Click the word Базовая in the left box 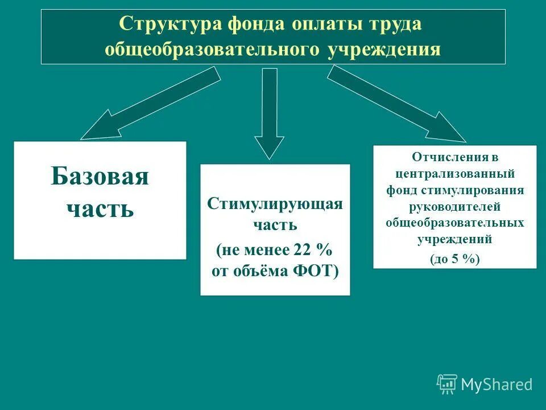tap(100, 177)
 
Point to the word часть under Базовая tap(100, 208)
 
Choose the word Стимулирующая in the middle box tap(275, 204)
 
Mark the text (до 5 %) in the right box tap(455, 259)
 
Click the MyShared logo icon tap(447, 384)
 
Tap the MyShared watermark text tap(497, 384)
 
